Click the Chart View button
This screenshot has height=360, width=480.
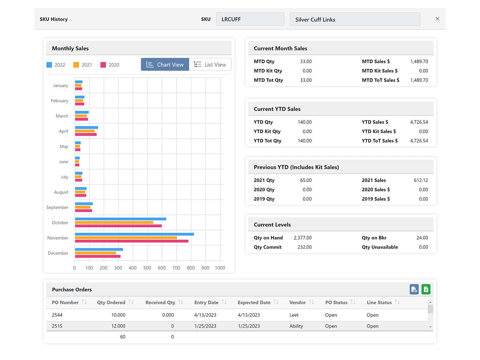click(165, 64)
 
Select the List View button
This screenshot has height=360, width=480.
click(210, 64)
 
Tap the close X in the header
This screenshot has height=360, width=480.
click(437, 19)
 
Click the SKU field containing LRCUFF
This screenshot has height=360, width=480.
click(250, 19)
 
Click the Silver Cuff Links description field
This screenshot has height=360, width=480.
click(355, 19)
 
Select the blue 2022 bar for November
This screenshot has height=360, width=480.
click(134, 234)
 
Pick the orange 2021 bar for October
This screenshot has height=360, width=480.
click(114, 222)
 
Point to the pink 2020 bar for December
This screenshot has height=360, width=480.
click(98, 256)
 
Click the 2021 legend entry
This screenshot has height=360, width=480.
click(83, 65)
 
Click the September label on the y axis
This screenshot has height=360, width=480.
click(57, 207)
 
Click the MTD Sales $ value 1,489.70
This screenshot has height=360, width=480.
click(419, 62)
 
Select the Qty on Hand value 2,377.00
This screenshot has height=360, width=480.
click(302, 238)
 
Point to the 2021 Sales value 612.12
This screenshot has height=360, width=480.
click(421, 180)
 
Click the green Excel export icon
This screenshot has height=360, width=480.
click(426, 289)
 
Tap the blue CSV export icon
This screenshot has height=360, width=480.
click(414, 289)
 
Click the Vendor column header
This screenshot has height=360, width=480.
click(298, 302)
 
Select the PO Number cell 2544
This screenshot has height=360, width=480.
click(57, 315)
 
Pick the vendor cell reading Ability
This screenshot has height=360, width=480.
click(296, 326)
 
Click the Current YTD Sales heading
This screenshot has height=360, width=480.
click(277, 109)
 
